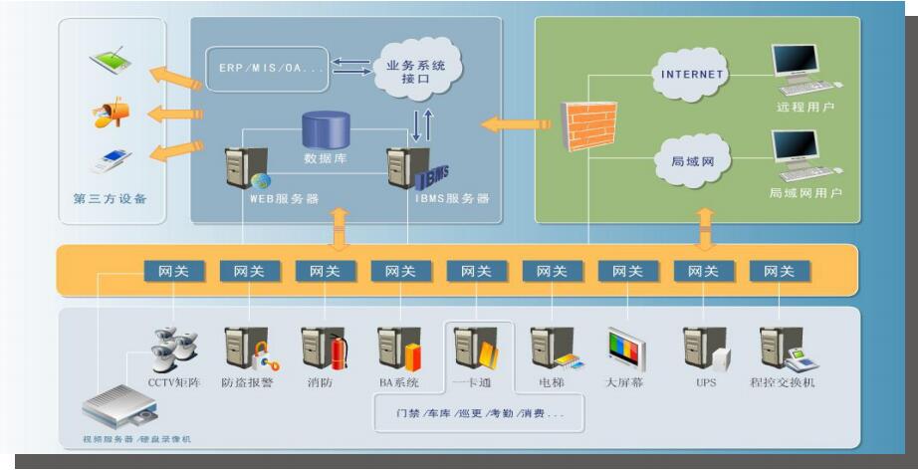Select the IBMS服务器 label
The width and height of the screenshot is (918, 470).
click(x=452, y=198)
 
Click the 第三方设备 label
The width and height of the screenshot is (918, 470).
click(x=111, y=198)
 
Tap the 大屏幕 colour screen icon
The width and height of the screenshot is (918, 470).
click(x=626, y=350)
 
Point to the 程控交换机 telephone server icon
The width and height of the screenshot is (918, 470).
click(x=782, y=349)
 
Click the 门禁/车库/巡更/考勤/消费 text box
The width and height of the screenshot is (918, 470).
click(x=478, y=413)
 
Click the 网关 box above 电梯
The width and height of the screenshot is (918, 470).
click(x=552, y=271)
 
